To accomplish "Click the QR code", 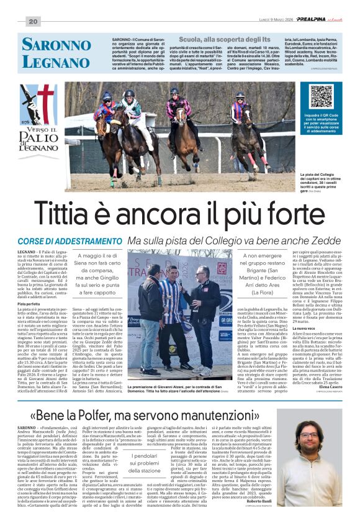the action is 322,96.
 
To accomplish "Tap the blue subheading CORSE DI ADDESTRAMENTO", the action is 70,240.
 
